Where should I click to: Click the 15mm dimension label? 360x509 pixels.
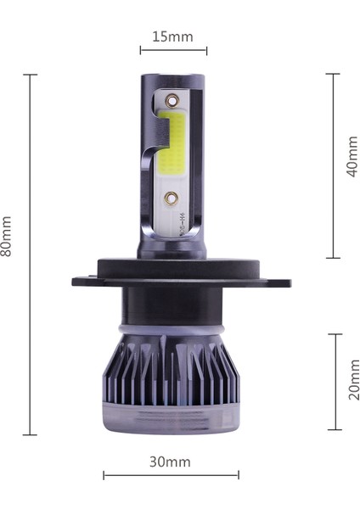point(173,36)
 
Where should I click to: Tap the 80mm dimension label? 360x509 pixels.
point(8,236)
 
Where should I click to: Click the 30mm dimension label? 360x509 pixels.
point(171,461)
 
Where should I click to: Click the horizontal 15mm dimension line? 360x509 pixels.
point(173,51)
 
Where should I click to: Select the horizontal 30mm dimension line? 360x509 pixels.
point(171,475)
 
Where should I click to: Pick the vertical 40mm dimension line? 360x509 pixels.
point(333,165)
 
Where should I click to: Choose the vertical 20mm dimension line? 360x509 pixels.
point(335,382)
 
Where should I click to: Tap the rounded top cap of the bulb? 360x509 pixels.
point(172,80)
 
